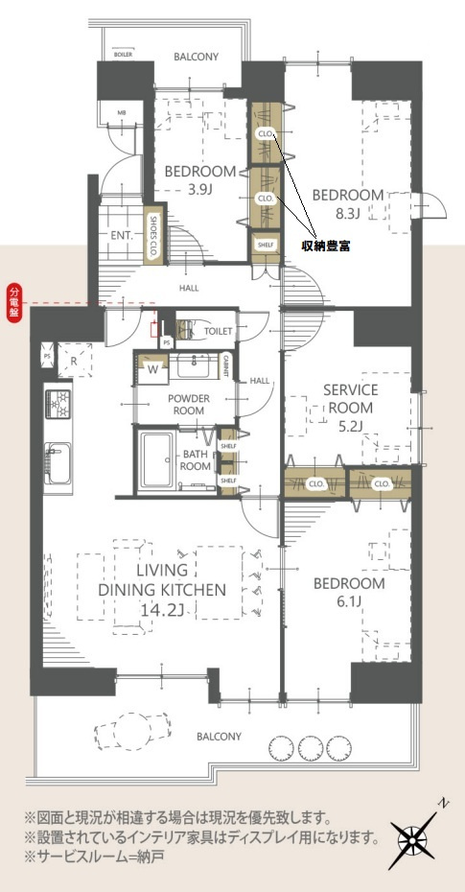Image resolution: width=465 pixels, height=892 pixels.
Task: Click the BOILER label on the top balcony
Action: click(x=122, y=55)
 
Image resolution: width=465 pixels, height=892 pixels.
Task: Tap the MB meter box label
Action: click(x=122, y=113)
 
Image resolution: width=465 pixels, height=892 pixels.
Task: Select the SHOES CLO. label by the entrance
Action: click(x=152, y=233)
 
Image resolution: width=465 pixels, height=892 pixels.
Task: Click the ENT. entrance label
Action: click(x=121, y=233)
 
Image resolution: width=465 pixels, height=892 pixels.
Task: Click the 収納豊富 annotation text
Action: click(x=325, y=246)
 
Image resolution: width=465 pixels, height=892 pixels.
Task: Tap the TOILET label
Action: click(x=220, y=331)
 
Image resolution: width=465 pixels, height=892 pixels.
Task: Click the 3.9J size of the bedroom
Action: click(x=199, y=189)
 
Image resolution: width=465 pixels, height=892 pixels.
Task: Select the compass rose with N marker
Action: click(x=414, y=837)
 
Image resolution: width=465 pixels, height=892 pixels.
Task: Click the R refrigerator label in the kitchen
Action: click(x=73, y=362)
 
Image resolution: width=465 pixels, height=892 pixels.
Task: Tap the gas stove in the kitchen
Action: click(x=57, y=403)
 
